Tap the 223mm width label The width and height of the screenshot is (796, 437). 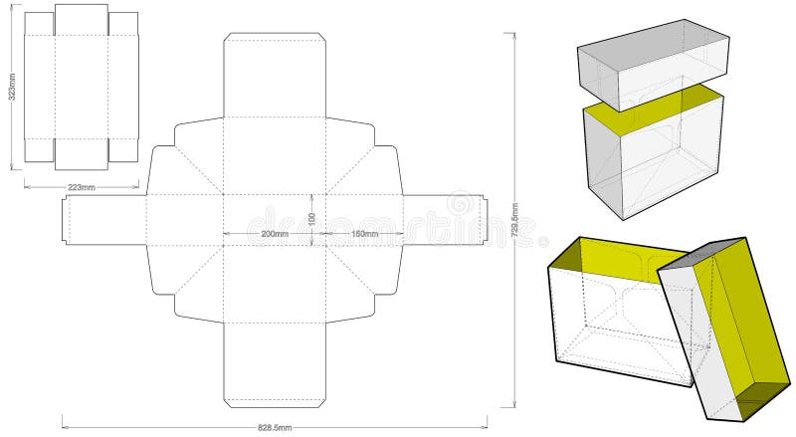81,186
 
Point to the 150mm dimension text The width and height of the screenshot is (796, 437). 364,234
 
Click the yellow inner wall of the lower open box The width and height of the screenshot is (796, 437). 607,261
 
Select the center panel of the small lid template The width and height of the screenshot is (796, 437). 81,87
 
